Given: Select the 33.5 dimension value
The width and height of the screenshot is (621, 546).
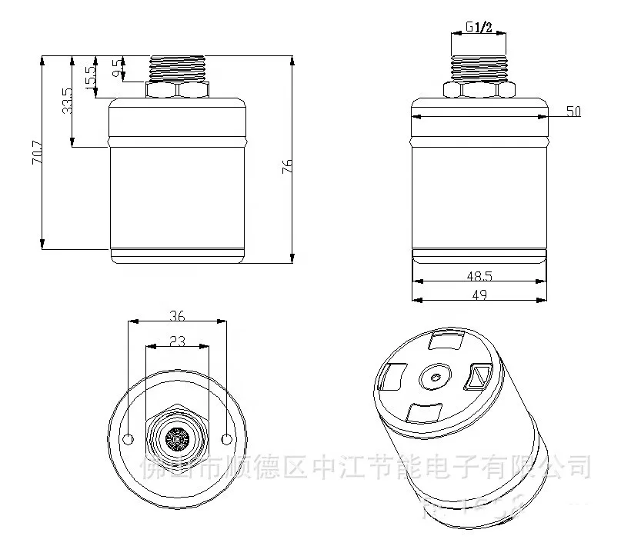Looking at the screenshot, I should [x=68, y=101].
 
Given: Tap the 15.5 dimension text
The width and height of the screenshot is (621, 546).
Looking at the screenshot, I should [x=92, y=76].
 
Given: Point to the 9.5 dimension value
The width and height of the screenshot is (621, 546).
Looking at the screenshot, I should [x=117, y=69].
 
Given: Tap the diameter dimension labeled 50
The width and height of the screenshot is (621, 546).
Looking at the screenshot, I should [x=573, y=112].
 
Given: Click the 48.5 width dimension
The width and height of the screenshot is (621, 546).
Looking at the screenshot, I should [x=479, y=274].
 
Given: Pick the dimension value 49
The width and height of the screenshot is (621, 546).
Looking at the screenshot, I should [x=479, y=294].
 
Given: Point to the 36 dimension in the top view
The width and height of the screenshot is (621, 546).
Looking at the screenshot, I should [x=178, y=315].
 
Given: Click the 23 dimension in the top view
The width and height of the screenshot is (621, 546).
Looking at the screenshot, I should [x=177, y=341].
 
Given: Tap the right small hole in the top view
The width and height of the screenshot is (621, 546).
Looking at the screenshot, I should [x=226, y=438].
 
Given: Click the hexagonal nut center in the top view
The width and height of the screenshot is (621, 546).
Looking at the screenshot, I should [x=178, y=438].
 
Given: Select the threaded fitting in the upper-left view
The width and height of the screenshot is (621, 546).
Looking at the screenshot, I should [x=177, y=69].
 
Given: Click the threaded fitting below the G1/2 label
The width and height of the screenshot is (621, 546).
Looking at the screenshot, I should [x=479, y=69].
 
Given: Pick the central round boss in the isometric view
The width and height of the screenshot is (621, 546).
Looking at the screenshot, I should [x=435, y=378].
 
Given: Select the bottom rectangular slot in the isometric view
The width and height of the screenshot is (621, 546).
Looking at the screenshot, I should [x=422, y=413].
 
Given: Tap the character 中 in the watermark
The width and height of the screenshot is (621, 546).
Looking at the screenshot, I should [x=331, y=466].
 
